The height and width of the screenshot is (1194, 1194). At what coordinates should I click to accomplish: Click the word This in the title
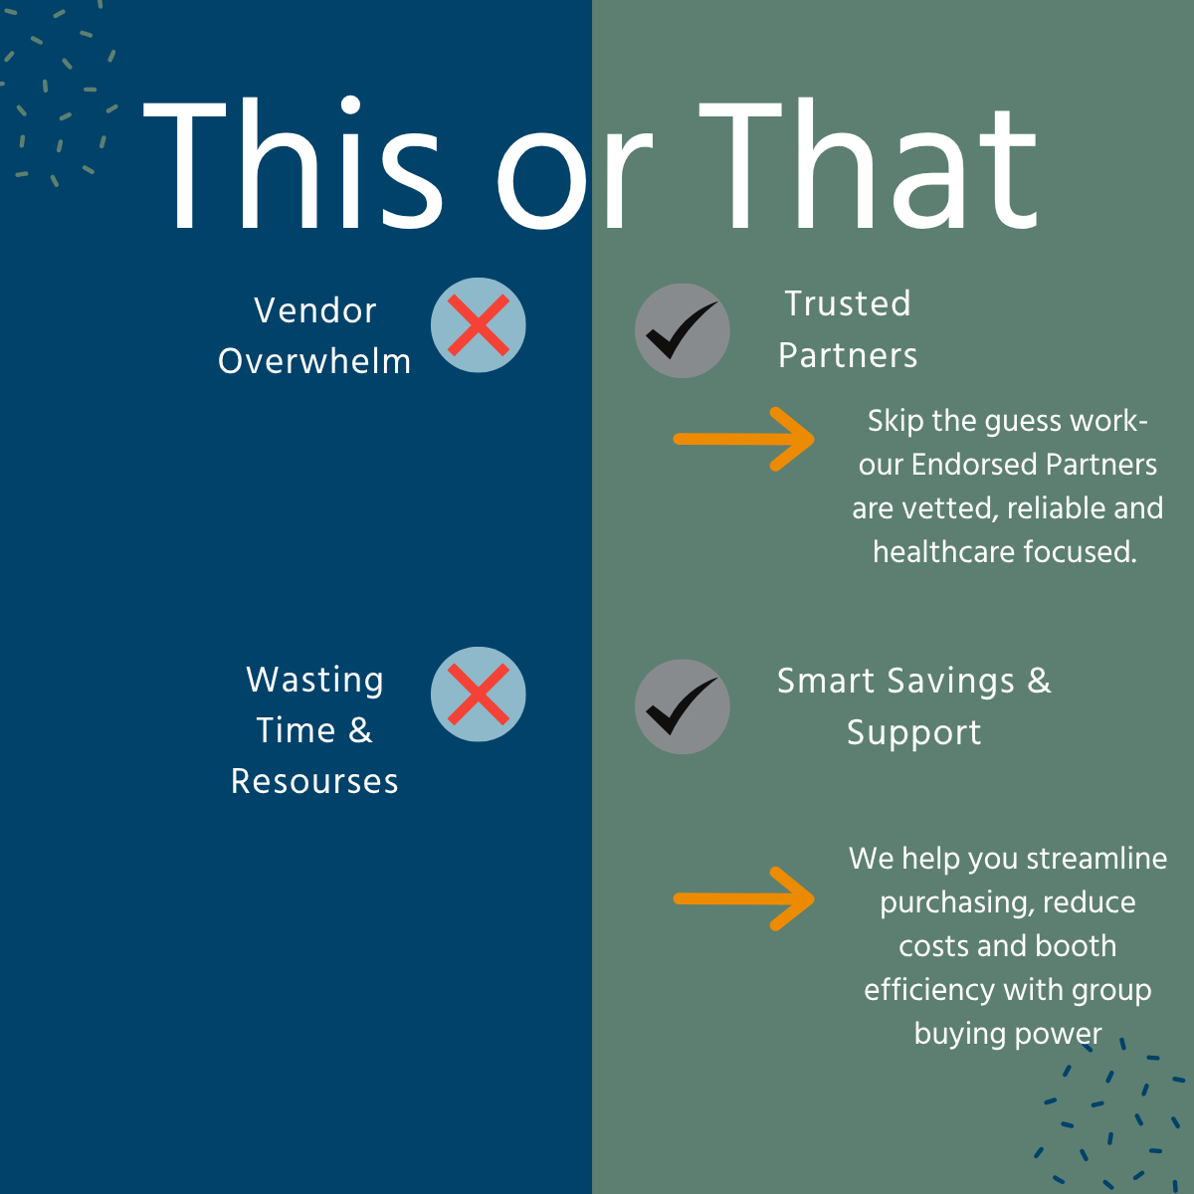(293, 163)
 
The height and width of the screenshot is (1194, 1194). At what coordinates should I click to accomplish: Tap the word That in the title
(868, 163)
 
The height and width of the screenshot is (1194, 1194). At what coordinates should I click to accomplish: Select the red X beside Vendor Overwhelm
(478, 324)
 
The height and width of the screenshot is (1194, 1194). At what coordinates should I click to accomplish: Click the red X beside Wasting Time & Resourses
(478, 694)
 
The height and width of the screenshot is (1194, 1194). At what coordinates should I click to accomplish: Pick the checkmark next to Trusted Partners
(682, 330)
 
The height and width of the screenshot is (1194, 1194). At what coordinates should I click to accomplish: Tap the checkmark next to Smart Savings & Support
(682, 705)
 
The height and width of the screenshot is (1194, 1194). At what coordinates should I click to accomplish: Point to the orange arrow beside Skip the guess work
(743, 440)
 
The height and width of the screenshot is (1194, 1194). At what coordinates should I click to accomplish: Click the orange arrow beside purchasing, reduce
(743, 898)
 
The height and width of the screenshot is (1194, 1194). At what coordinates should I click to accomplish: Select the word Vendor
(314, 310)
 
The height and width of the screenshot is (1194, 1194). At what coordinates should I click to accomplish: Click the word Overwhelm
(314, 361)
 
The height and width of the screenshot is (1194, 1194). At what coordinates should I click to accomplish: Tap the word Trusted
(848, 303)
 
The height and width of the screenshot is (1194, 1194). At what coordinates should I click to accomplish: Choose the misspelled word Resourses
(314, 781)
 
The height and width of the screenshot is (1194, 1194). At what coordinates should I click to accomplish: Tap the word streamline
(1096, 859)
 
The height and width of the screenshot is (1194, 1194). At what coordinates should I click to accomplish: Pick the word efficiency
(929, 990)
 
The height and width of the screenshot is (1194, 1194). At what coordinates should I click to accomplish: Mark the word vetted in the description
(950, 508)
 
